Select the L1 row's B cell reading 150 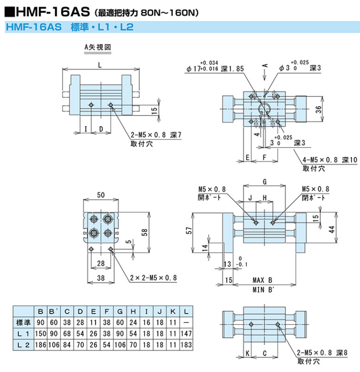pos(41,334)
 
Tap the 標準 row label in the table pos(22,322)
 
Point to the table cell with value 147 pos(186,334)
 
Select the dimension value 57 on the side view pos(189,231)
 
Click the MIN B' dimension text pos(262,291)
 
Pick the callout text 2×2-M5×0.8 pos(153,277)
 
